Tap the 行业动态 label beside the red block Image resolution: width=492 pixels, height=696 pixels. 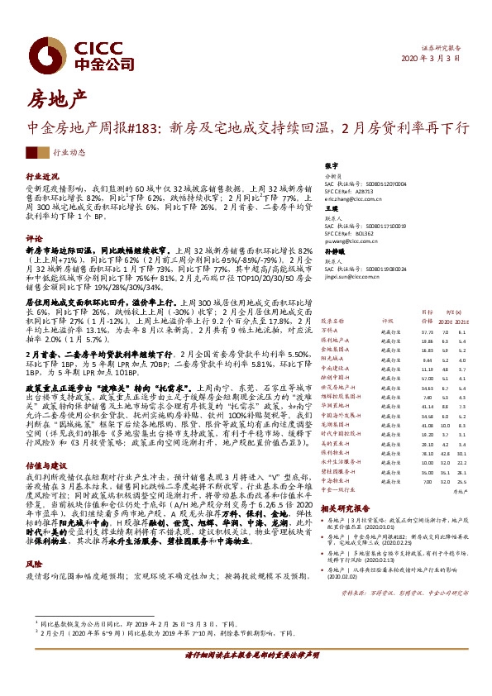pyautogui.click(x=69, y=153)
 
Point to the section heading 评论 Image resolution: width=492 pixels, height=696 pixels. pyautogui.click(x=34, y=236)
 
